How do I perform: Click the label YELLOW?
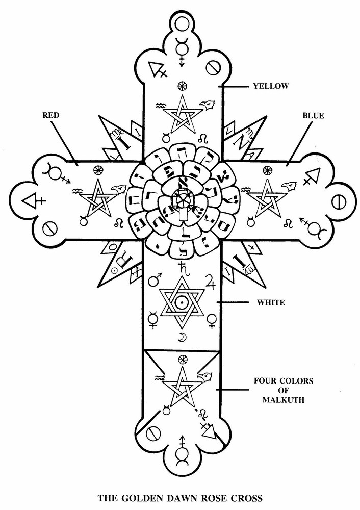pyautogui.click(x=271, y=86)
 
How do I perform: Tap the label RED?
pyautogui.click(x=51, y=116)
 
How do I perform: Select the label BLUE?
pyautogui.click(x=313, y=116)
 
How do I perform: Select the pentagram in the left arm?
pyautogui.click(x=96, y=199)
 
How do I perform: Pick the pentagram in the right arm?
pyautogui.click(x=265, y=199)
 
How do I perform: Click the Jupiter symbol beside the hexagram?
pyautogui.click(x=210, y=280)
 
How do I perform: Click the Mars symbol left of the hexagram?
pyautogui.click(x=154, y=279)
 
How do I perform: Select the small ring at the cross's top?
pyautogui.click(x=181, y=23)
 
